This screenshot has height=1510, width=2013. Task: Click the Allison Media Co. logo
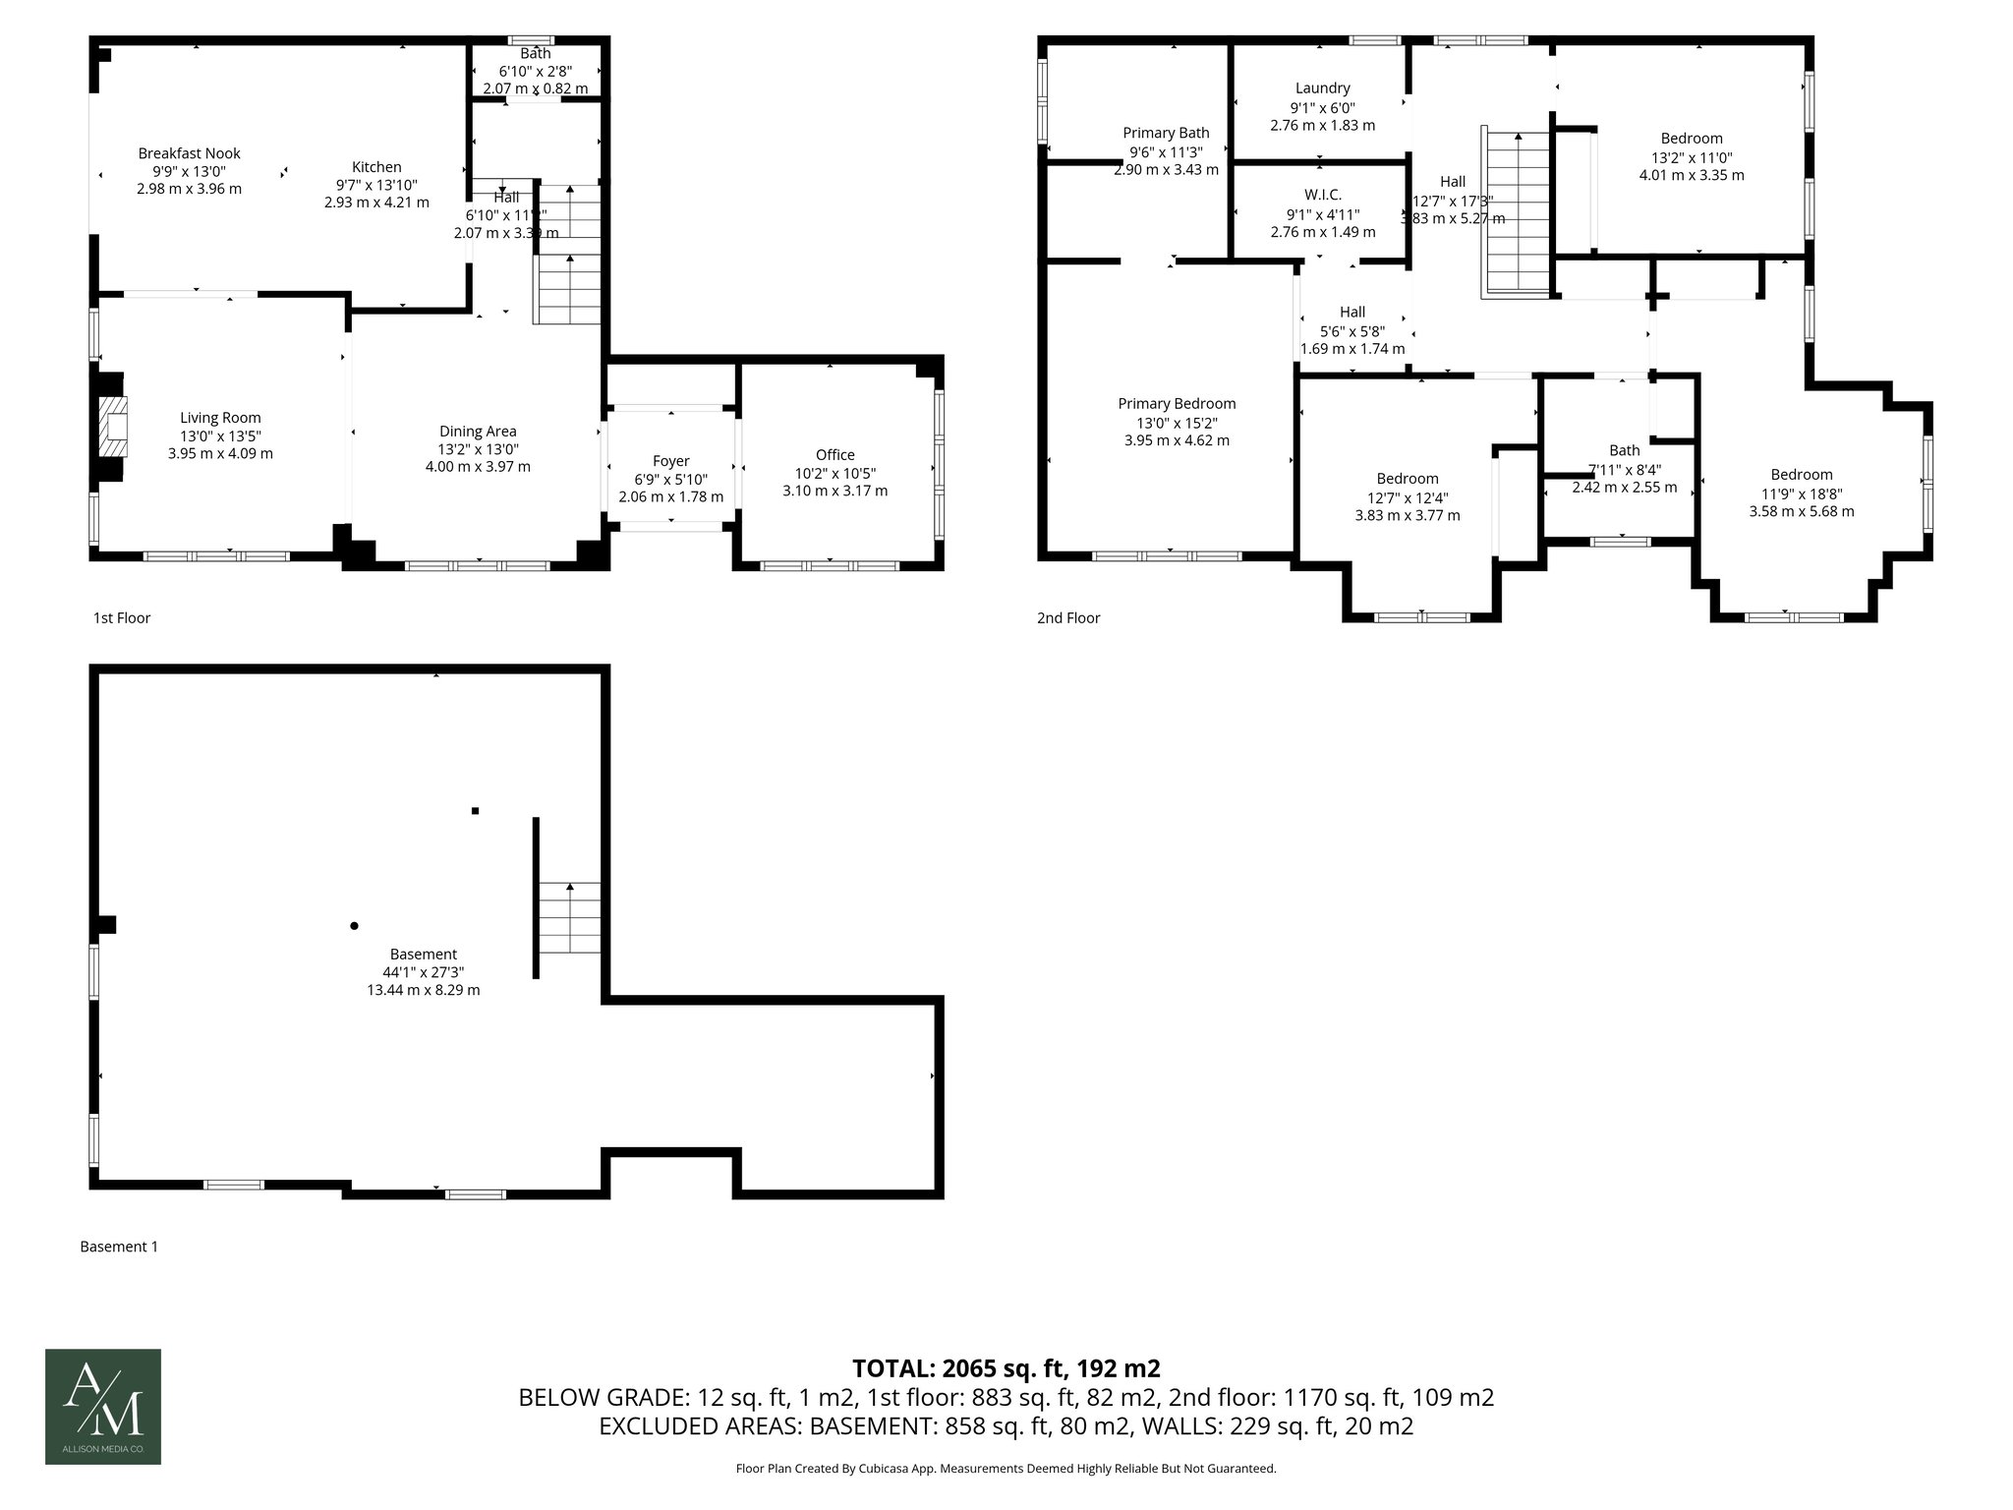103,1406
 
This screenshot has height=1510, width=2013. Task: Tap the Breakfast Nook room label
189,153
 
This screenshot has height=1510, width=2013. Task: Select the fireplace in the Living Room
113,427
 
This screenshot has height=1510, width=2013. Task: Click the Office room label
834,454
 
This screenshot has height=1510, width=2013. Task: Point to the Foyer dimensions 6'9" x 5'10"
670,479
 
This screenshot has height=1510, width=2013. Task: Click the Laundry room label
1322,88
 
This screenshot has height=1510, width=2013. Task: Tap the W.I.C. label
1322,195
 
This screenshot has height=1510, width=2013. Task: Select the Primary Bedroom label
1177,403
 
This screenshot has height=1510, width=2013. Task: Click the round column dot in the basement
355,925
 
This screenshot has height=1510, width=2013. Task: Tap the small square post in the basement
476,811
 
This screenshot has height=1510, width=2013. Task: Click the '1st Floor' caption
122,617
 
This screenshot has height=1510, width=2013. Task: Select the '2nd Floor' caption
1068,617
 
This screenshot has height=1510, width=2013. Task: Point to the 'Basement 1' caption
119,1247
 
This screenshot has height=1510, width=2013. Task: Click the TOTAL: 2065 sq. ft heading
1006,1367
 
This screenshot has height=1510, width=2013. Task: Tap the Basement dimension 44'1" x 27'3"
423,972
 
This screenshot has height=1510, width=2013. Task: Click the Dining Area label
478,431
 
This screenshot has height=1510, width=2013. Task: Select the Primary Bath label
1166,133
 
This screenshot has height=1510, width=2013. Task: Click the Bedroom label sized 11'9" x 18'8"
1801,474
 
